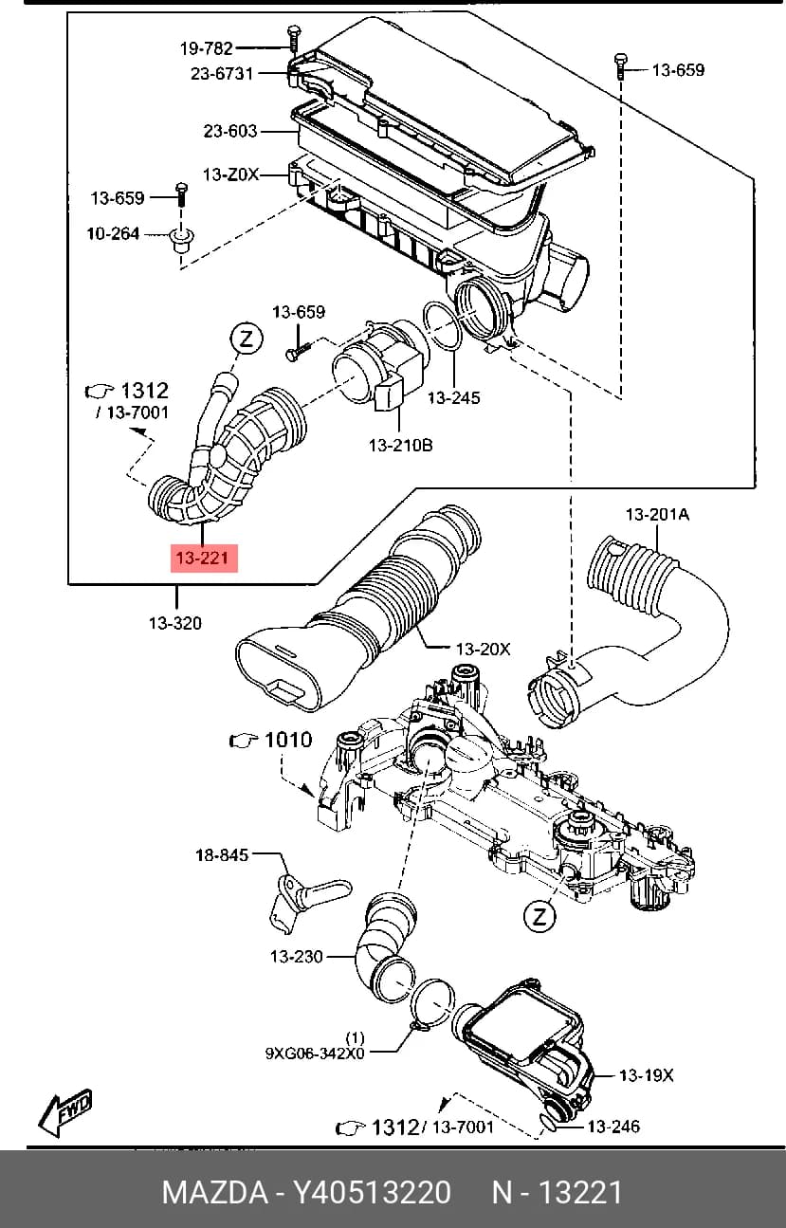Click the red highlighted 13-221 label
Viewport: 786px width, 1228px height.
click(204, 558)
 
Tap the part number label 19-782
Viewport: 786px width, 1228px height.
click(207, 48)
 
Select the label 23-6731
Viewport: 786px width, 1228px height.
click(222, 73)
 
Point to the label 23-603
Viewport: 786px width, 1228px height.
click(230, 131)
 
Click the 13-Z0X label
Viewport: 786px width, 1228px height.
click(230, 174)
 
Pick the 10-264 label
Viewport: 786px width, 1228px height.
click(114, 233)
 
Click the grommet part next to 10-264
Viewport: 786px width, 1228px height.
click(181, 240)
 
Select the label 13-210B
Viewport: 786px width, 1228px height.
click(401, 445)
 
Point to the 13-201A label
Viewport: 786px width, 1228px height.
click(658, 514)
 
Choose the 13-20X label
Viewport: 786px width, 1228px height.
click(483, 649)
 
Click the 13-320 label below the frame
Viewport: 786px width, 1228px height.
click(175, 623)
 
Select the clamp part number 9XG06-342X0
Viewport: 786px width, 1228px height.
click(315, 1054)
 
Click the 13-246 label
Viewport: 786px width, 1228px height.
click(613, 1127)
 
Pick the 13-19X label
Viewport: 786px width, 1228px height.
click(647, 1075)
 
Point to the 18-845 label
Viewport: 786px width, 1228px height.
click(222, 854)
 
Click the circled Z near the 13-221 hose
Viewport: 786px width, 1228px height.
click(247, 339)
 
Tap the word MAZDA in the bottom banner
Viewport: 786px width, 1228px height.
click(215, 1192)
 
